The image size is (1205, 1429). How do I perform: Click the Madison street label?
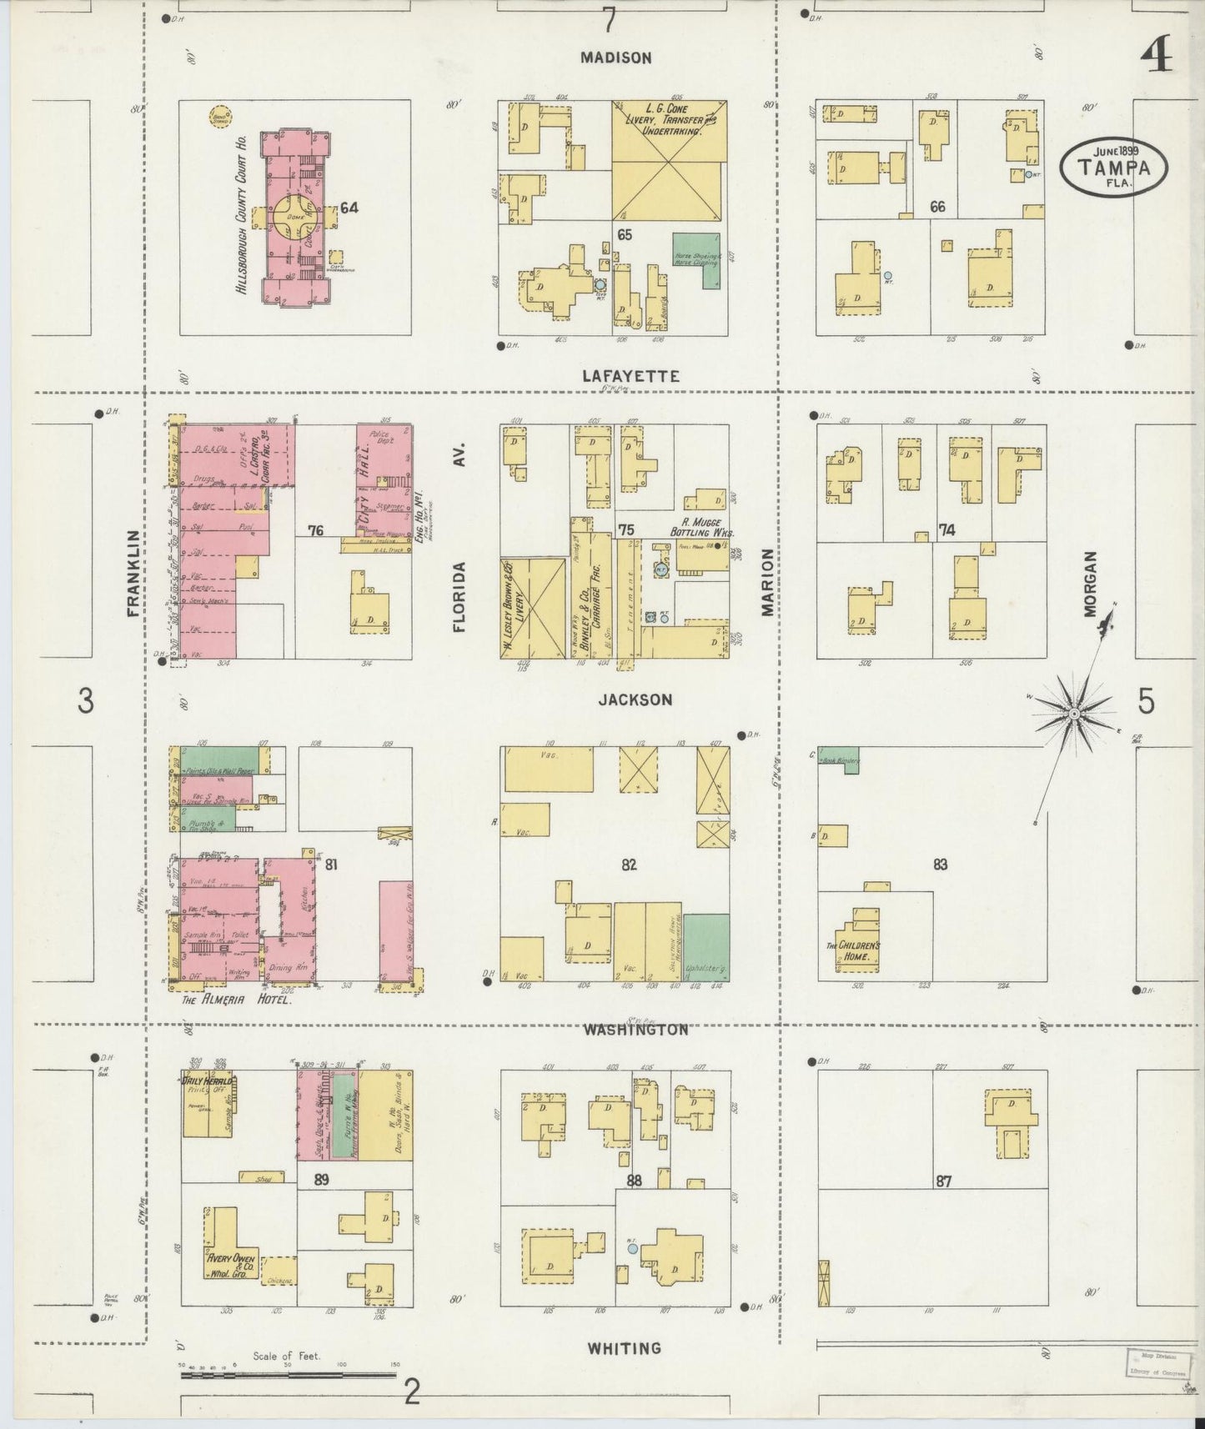click(616, 58)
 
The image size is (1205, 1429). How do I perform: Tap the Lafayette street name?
click(630, 377)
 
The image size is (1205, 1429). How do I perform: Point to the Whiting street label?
click(624, 1347)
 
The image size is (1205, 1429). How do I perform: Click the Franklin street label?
click(133, 573)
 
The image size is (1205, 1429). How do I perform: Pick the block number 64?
click(349, 208)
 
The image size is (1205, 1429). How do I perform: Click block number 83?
click(941, 865)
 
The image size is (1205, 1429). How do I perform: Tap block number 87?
click(943, 1181)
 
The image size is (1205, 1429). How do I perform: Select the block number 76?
click(315, 530)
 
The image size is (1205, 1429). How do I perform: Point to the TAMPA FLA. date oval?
click(1113, 166)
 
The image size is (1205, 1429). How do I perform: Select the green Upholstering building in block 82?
click(705, 947)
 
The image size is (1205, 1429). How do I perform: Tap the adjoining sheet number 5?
click(1147, 702)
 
